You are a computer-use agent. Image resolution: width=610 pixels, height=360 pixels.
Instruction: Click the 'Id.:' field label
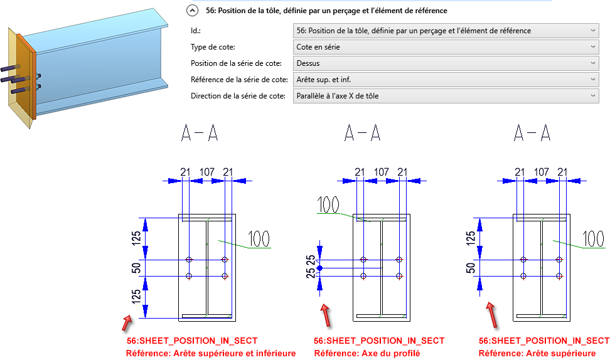pyautogui.click(x=196, y=31)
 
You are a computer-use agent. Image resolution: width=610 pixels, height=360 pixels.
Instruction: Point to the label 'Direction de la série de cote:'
pyautogui.click(x=238, y=96)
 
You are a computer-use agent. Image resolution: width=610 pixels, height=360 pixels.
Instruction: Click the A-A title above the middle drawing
pyautogui.click(x=362, y=132)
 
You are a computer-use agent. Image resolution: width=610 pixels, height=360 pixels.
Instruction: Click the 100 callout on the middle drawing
pyautogui.click(x=329, y=204)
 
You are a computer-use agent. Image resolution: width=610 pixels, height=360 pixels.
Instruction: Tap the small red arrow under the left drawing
pyautogui.click(x=127, y=322)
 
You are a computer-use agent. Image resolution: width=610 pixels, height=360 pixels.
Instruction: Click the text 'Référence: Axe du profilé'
pyautogui.click(x=367, y=353)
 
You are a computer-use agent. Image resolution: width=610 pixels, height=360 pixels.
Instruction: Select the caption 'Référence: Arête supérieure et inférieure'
pyautogui.click(x=211, y=353)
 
